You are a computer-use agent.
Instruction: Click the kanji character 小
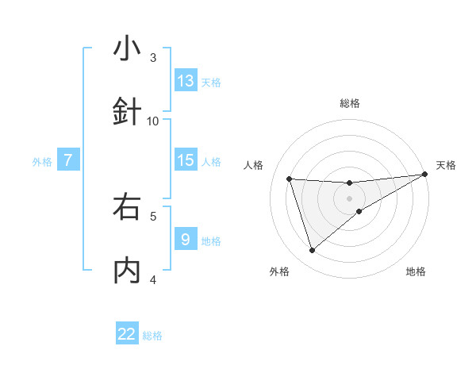pos(127,48)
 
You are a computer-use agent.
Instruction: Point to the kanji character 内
pos(127,271)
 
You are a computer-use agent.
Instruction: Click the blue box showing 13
pos(186,81)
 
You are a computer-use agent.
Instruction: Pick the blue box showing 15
pos(186,160)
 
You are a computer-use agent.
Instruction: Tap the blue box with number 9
pos(186,240)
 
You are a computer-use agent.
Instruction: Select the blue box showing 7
pos(68,160)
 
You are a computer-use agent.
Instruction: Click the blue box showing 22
pos(127,334)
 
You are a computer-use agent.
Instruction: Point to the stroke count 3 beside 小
pos(153,57)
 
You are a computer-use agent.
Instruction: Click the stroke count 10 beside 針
pos(153,121)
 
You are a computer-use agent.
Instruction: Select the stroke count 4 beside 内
pos(153,279)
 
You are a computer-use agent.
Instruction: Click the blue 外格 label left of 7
pos(42,162)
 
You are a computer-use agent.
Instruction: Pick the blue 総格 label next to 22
pos(152,336)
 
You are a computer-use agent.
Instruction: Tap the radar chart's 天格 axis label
pos(446,165)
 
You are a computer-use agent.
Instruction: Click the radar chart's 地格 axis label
pos(416,271)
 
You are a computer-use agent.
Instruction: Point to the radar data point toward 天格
pos(425,175)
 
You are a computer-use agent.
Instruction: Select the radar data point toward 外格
pos(312,251)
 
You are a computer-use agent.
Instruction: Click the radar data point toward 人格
pos(290,179)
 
